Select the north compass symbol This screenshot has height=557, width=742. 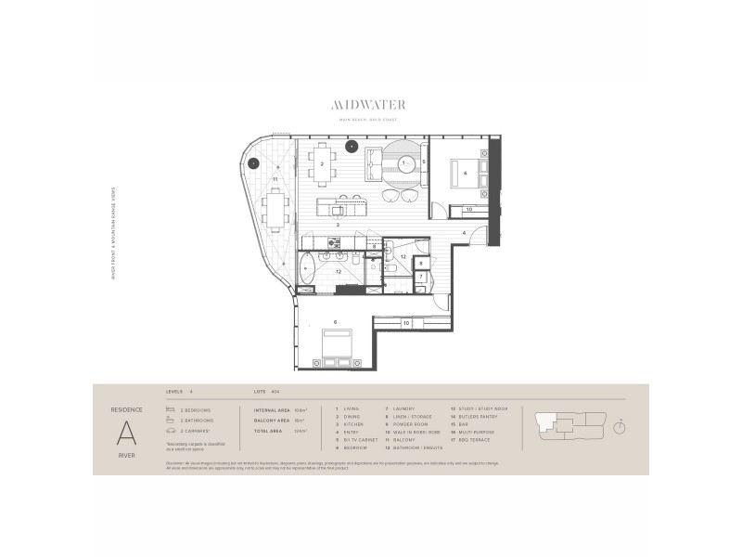pos(619,426)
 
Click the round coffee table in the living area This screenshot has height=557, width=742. pos(406,164)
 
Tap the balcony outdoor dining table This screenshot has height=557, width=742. pos(275,209)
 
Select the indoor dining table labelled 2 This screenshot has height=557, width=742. pos(323,163)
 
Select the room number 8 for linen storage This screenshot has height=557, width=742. pos(420,264)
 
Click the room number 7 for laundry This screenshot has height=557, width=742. pos(420,277)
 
